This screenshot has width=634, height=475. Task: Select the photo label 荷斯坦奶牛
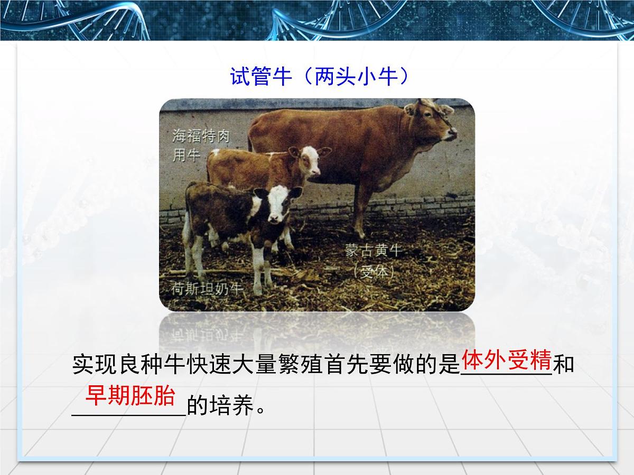click(x=207, y=288)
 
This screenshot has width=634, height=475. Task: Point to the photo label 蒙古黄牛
click(x=374, y=250)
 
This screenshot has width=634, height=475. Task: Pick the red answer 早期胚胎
click(x=130, y=396)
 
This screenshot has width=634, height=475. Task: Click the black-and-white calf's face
click(x=276, y=205)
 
